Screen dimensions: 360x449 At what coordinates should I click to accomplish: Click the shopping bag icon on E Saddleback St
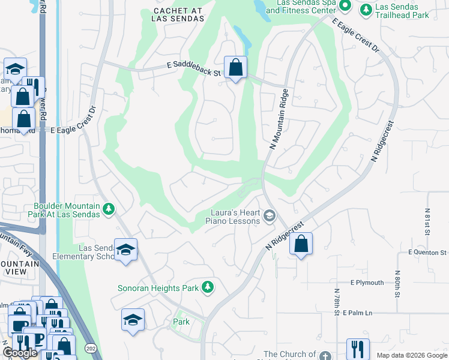coord(236,67)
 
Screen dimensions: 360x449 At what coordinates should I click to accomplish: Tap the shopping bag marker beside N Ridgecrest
coord(301,244)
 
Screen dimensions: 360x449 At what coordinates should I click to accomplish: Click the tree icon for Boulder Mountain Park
coord(109,209)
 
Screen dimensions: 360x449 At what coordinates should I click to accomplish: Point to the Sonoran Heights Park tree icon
coord(208,288)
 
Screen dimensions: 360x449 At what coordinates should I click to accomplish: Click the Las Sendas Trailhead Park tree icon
coord(366,10)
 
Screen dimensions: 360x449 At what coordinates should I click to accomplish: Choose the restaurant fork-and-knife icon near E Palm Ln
coord(358,349)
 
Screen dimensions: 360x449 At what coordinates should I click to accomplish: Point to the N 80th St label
coord(397,286)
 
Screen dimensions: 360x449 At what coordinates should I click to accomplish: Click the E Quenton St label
coord(428,253)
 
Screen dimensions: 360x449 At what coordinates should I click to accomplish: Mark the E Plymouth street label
coord(367,283)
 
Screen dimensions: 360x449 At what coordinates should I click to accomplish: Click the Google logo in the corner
coord(20,352)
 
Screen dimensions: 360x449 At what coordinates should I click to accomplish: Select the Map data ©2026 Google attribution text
coord(412,355)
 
